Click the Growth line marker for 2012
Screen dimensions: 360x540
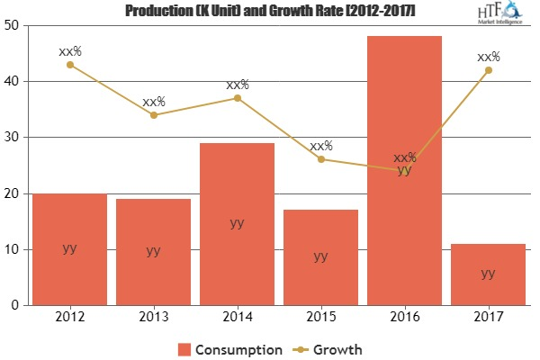[69, 64]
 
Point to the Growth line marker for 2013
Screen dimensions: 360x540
[153, 114]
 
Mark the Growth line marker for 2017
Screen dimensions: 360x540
[488, 69]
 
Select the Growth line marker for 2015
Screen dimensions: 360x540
[320, 159]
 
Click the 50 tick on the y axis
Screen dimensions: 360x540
[13, 25]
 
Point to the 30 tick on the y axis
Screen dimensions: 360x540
[13, 138]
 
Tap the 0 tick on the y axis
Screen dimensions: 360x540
[17, 305]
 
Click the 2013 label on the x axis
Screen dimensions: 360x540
[153, 319]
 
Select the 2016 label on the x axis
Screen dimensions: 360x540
[404, 319]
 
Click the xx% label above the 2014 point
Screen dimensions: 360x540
[238, 85]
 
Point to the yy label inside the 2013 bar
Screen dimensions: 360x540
[153, 250]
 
